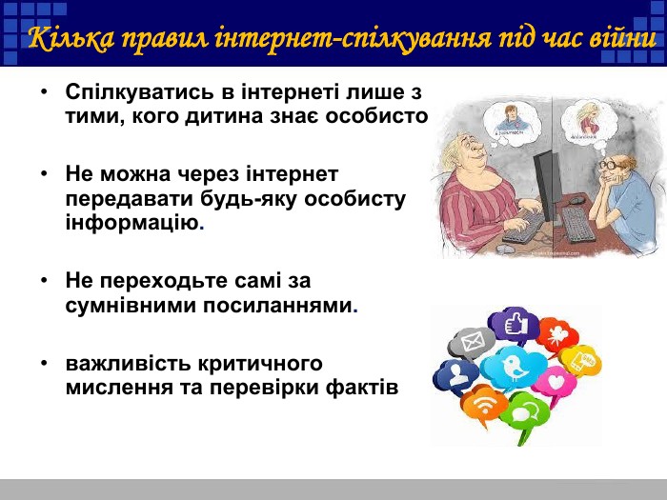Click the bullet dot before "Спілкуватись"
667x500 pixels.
point(44,93)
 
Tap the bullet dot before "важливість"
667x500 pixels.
point(44,365)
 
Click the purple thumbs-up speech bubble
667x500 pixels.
point(515,325)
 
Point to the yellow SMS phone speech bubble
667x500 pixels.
point(580,359)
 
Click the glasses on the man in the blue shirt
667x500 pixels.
point(611,166)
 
